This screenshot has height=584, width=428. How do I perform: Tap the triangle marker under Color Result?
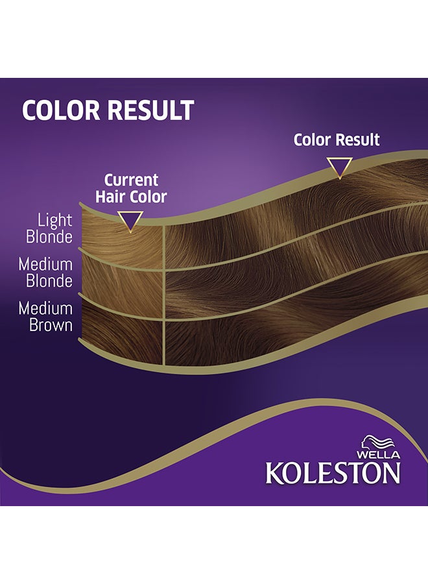coord(339,167)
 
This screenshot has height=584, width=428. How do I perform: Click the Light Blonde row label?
coord(49,228)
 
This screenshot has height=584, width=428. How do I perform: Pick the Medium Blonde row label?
coord(45,273)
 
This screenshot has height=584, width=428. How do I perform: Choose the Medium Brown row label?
coord(45,316)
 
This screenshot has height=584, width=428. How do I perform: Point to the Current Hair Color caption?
coord(132,188)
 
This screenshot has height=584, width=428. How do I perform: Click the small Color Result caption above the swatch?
coord(337,140)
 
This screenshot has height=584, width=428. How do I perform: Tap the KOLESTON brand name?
coord(333,472)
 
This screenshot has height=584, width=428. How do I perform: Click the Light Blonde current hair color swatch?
coord(123,240)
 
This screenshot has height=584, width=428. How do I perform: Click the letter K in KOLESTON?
coord(274,472)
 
